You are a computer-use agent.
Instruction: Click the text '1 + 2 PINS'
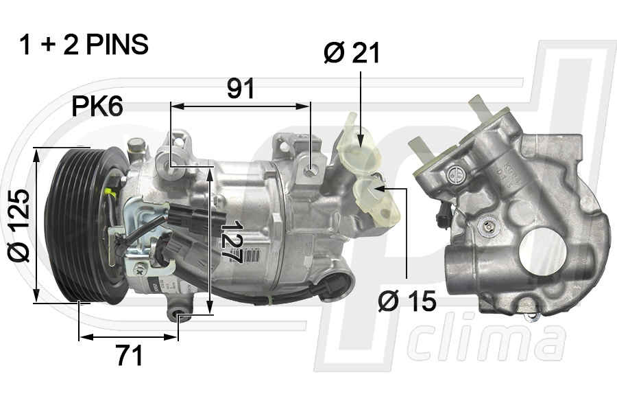pyautogui.click(x=84, y=45)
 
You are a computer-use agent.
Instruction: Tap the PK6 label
pyautogui.click(x=97, y=106)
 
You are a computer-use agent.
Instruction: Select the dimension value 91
pyautogui.click(x=241, y=89)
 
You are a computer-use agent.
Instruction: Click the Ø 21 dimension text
pyautogui.click(x=352, y=53)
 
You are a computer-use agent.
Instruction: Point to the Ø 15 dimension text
pyautogui.click(x=407, y=301)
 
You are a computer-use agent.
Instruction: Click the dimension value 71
pyautogui.click(x=128, y=356)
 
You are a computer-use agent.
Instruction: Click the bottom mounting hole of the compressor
pyautogui.click(x=180, y=317)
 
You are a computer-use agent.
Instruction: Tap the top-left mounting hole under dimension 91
pyautogui.click(x=171, y=164)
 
